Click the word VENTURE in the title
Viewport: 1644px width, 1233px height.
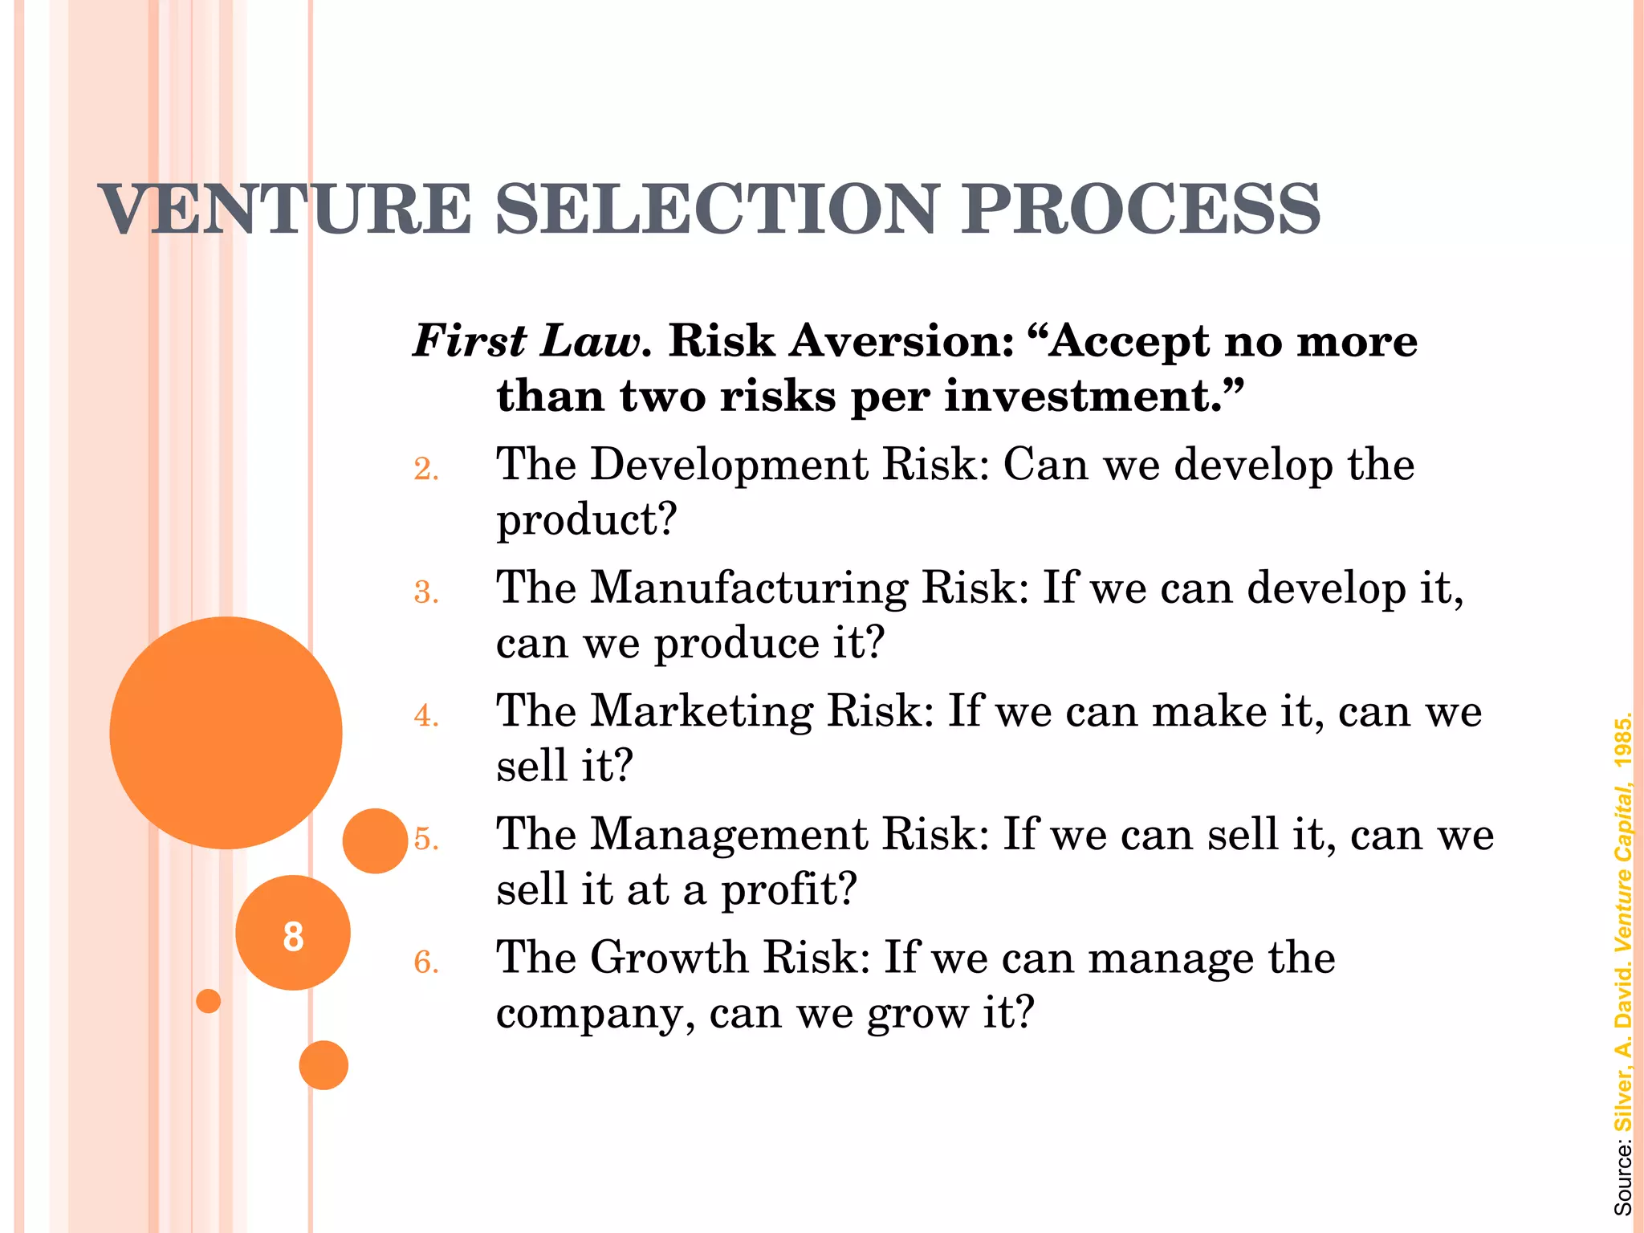pos(285,209)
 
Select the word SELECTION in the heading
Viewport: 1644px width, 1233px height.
pos(716,209)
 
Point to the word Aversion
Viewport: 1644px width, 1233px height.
pos(902,341)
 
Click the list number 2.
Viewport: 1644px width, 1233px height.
pos(426,469)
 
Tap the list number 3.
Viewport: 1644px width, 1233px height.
pos(426,592)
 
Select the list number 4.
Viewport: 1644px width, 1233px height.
pos(426,715)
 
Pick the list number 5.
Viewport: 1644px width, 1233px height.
pos(426,839)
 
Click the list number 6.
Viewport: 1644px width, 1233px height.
pos(426,962)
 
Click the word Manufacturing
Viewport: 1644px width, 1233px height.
pos(749,588)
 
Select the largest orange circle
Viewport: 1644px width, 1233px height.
pos(226,732)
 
